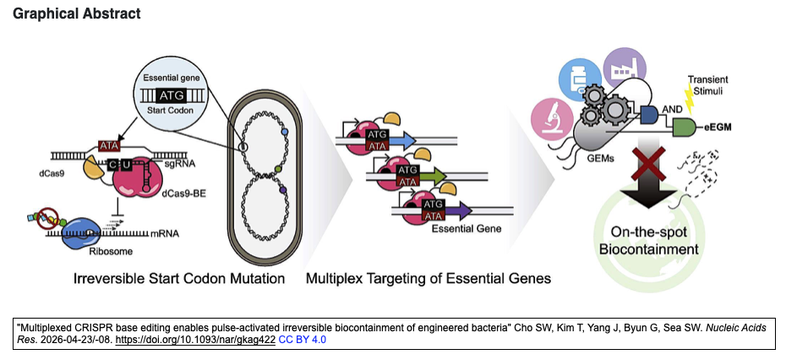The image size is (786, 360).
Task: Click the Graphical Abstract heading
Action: (x=77, y=14)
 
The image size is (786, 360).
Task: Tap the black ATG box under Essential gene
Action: (x=172, y=95)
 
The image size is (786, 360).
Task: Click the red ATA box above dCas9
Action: (x=109, y=146)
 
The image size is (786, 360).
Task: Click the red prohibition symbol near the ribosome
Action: (x=49, y=220)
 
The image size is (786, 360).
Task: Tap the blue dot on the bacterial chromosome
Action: (x=285, y=131)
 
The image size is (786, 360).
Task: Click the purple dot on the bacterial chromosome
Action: (x=283, y=190)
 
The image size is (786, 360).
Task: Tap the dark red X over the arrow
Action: (x=648, y=164)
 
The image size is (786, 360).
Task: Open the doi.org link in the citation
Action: (x=195, y=340)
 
